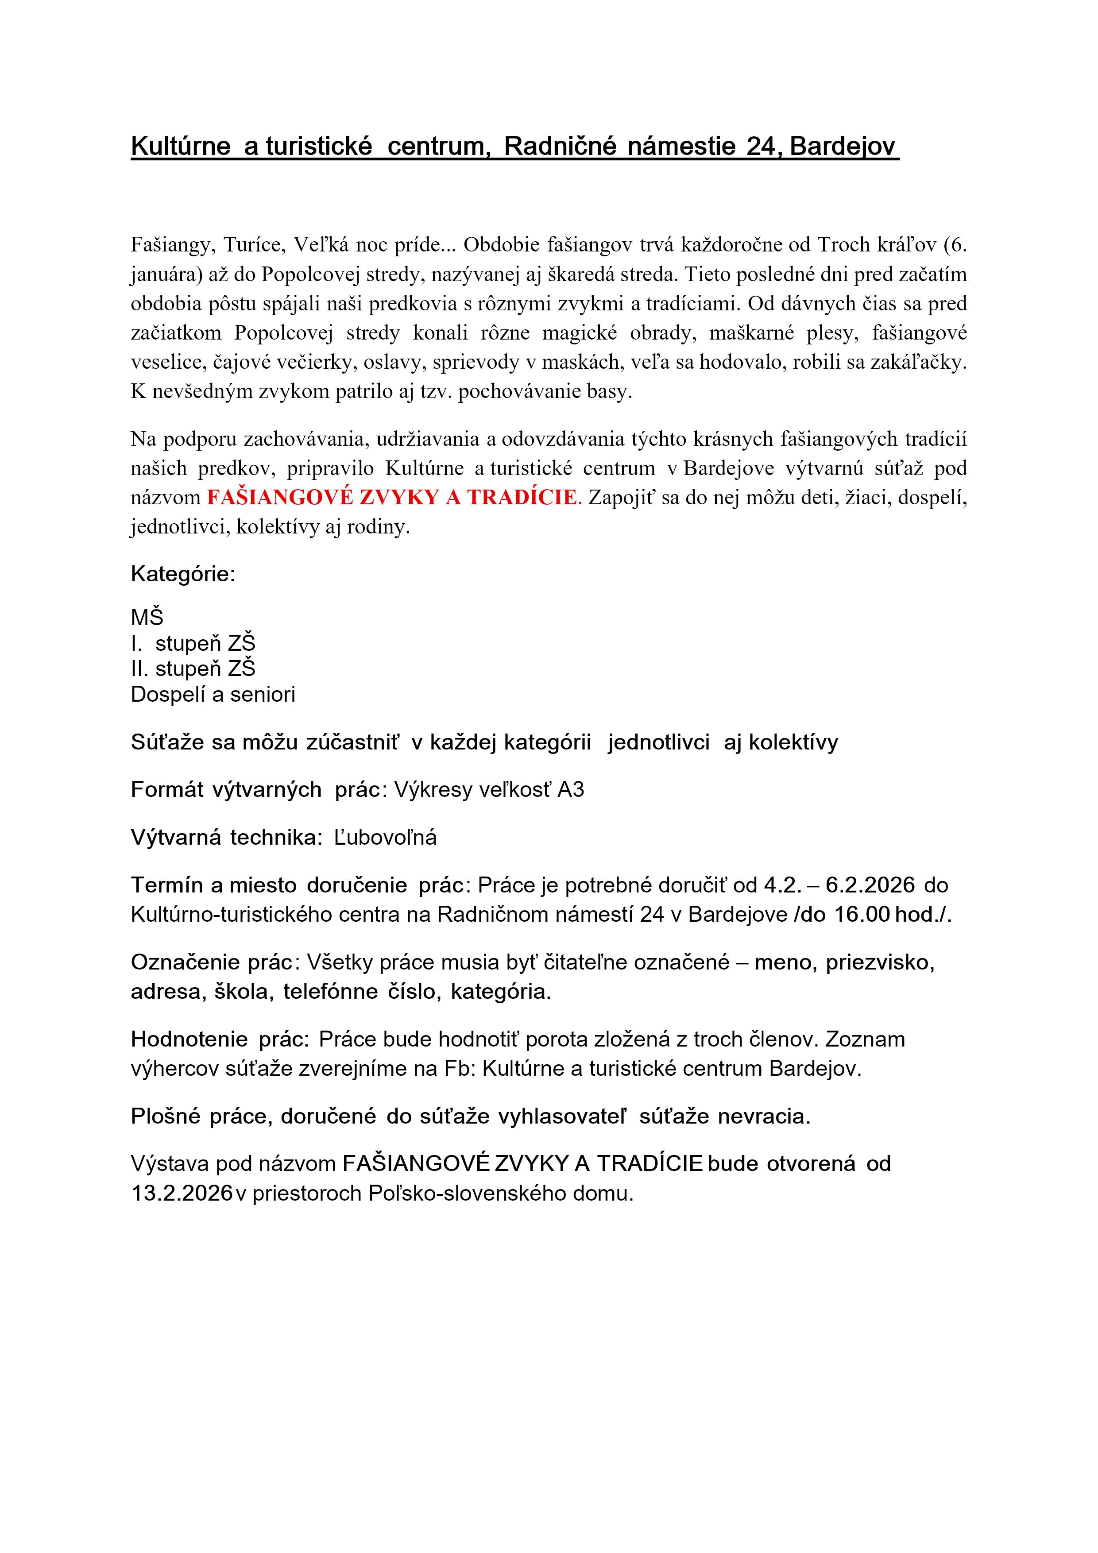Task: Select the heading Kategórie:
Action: click(x=183, y=574)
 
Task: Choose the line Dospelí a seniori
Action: click(x=213, y=695)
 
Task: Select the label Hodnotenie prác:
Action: click(x=220, y=1039)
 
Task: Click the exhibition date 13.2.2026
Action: click(x=182, y=1193)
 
